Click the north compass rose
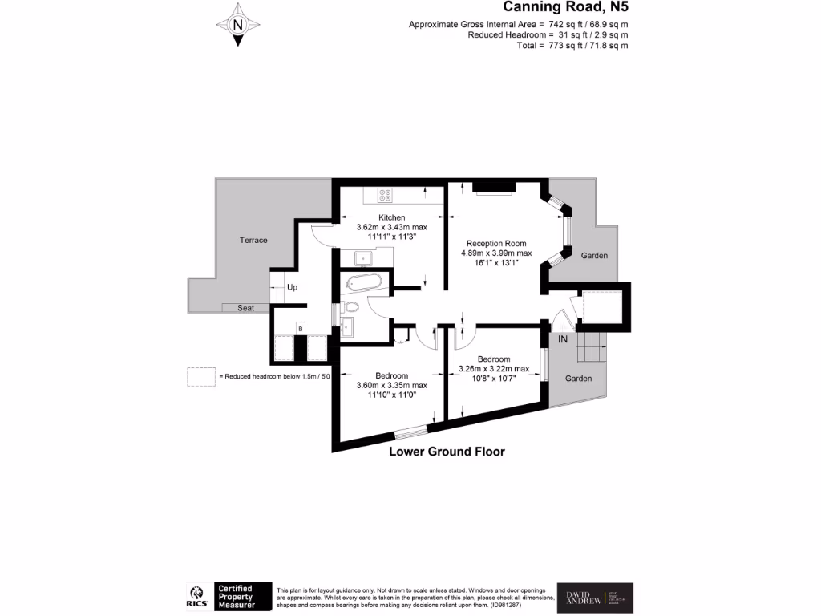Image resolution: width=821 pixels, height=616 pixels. pos(237,24)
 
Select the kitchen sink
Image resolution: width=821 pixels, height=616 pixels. pos(362,257)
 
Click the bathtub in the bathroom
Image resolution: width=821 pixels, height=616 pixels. pos(363,283)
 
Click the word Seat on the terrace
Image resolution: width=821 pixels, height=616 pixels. pos(245,308)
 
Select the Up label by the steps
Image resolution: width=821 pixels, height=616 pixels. pos(292,287)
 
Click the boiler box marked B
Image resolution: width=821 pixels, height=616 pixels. pos(300,328)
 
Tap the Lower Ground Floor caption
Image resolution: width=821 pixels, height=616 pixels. pos(447,452)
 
